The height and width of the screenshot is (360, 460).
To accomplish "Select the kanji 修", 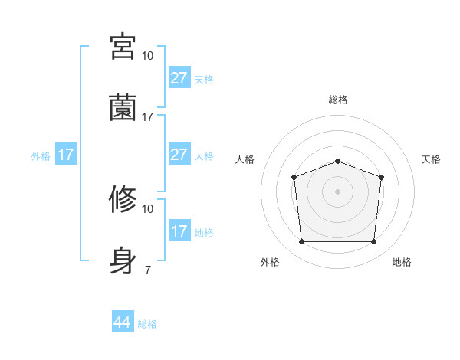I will tap(123, 199).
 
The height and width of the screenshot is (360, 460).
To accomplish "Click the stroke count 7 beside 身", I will tap(147, 269).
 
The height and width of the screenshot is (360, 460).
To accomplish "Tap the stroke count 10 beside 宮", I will tap(147, 55).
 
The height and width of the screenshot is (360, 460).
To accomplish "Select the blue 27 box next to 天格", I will tap(179, 79).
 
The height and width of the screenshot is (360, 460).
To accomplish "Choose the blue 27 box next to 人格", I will tap(179, 155).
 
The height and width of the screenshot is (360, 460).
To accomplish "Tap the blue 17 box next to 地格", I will tap(179, 231).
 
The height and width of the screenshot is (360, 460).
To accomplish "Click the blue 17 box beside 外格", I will tap(66, 155).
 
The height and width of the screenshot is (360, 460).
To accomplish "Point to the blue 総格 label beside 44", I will tap(147, 324).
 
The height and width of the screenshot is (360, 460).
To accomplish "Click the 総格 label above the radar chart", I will tap(337, 100).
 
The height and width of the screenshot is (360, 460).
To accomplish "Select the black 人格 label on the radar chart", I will tap(245, 159).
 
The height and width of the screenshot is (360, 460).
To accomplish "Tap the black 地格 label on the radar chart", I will tap(402, 262).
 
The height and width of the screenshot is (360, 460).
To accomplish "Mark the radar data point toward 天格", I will tap(381, 177).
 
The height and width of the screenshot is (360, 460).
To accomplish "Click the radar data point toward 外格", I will tap(301, 242).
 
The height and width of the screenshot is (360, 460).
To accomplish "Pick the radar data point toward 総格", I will tap(337, 161).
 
